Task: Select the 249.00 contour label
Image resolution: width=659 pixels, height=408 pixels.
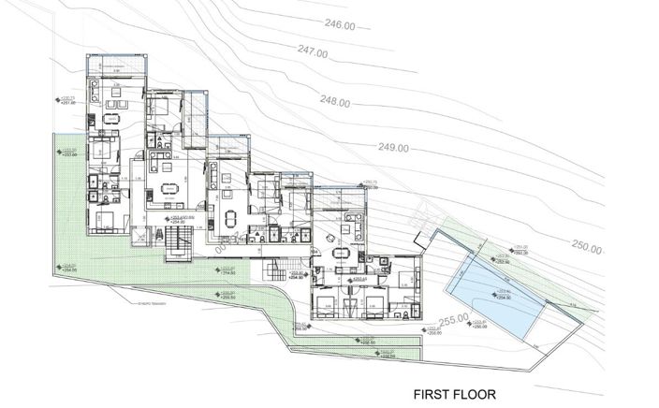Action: click(x=393, y=148)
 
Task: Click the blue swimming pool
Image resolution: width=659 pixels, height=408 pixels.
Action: click(x=487, y=295)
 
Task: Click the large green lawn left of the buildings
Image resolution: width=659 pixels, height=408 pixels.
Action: click(x=70, y=215)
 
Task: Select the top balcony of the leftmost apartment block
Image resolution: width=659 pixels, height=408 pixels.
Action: click(x=114, y=64)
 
